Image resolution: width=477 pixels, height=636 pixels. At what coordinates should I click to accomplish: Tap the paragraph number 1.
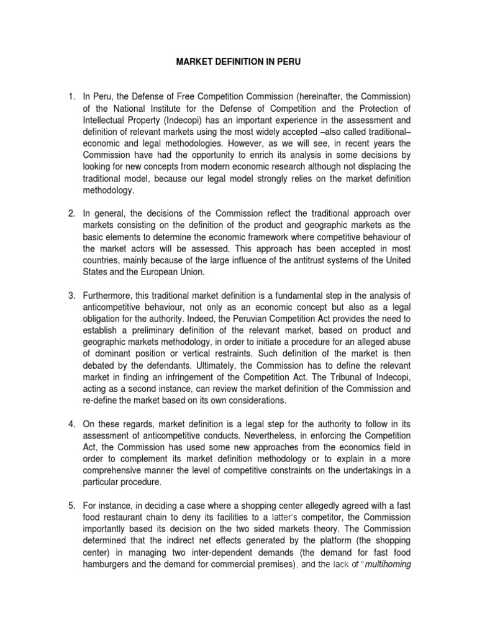(x=72, y=96)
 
